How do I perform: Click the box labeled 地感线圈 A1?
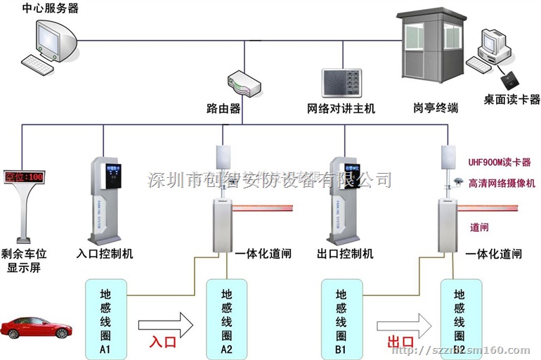coord(105,316)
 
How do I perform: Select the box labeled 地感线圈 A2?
coord(226,316)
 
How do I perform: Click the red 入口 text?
coord(164,343)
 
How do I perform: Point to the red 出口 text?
coord(401,343)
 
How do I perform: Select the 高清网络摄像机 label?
coord(502,183)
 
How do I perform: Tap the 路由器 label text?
coord(223,109)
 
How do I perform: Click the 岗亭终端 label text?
coord(436,108)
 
